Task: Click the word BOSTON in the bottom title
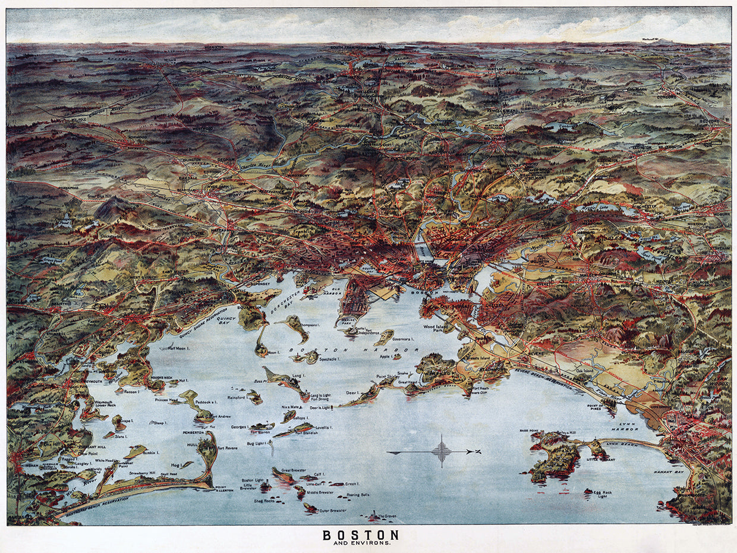[x=360, y=535]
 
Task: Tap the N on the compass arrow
[x=477, y=452]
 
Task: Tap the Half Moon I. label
[x=180, y=348]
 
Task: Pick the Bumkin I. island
[x=136, y=450]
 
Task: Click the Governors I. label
[x=403, y=338]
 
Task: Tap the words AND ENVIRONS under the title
[x=360, y=543]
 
